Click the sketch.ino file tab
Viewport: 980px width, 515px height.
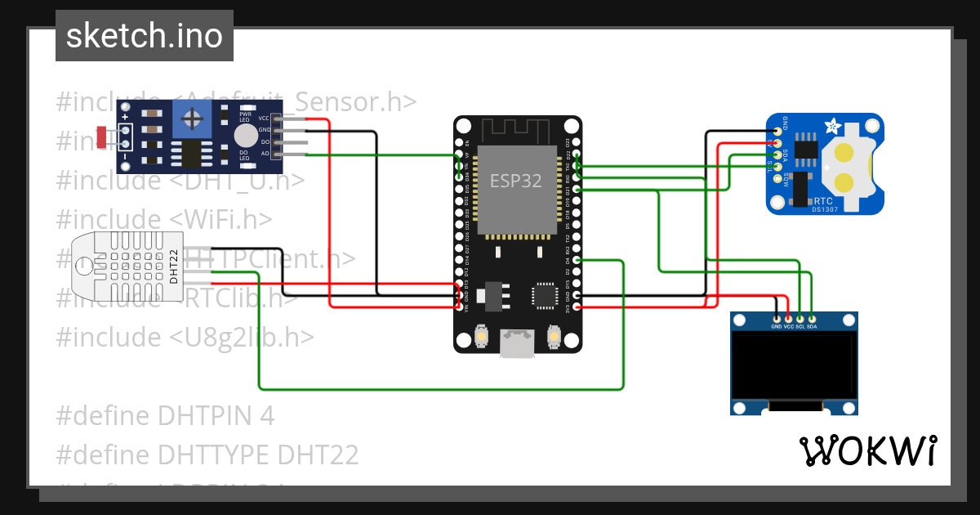point(145,36)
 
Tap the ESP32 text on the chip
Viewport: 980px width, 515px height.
point(514,181)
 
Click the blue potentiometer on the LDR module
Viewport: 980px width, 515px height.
point(194,121)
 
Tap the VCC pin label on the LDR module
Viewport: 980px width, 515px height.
point(264,119)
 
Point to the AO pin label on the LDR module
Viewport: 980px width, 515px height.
point(265,154)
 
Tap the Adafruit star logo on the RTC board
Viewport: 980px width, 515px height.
point(832,128)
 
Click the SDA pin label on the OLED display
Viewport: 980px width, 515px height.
point(812,326)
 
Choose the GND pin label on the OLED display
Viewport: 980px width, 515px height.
point(777,326)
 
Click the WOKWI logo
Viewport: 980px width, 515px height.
point(867,450)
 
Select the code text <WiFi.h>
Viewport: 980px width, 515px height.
point(221,219)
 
